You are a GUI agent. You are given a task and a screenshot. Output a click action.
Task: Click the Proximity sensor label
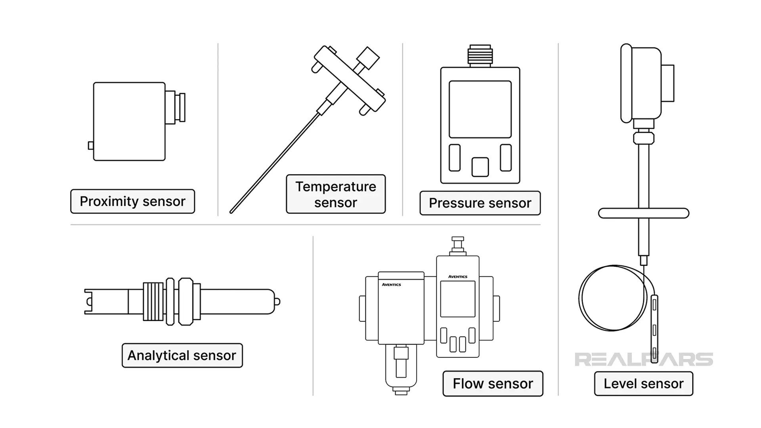pos(132,201)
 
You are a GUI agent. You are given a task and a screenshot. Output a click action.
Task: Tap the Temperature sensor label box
pos(335,194)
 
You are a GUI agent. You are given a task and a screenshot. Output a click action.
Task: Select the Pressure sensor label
pos(480,203)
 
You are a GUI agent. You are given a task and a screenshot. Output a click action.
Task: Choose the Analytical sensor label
pos(182,355)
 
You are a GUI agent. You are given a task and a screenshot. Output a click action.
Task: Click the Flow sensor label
pos(493,384)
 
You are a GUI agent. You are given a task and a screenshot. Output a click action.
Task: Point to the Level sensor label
pos(643,384)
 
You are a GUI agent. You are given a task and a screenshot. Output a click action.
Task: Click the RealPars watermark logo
pos(643,359)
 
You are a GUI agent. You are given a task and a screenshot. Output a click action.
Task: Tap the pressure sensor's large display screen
pos(480,109)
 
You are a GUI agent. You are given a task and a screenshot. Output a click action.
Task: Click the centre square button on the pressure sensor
pos(480,167)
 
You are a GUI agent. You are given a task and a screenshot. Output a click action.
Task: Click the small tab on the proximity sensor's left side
pos(91,145)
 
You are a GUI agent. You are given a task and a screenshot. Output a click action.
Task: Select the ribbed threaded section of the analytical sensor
pos(153,302)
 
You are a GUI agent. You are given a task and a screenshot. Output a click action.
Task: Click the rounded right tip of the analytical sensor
pos(277,302)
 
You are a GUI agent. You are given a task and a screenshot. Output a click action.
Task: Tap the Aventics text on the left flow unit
pos(391,285)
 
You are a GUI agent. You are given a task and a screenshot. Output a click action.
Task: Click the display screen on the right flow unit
pos(457,299)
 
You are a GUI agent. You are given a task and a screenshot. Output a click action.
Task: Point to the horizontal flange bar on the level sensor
pos(643,213)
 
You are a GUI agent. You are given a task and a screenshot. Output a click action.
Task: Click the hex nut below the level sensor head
pos(643,138)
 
